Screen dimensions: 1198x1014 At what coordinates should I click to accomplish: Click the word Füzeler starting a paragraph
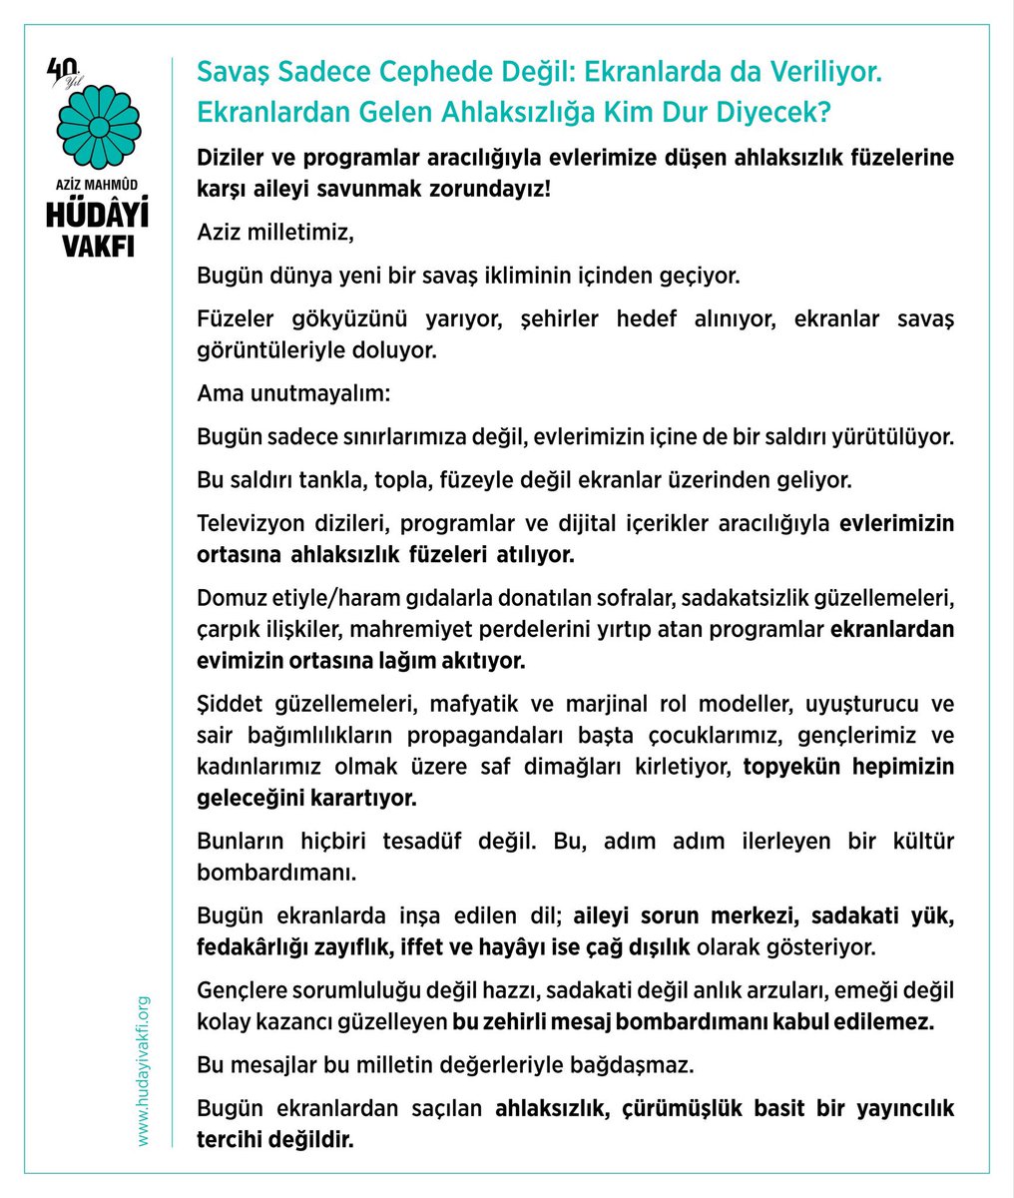pyautogui.click(x=232, y=318)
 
